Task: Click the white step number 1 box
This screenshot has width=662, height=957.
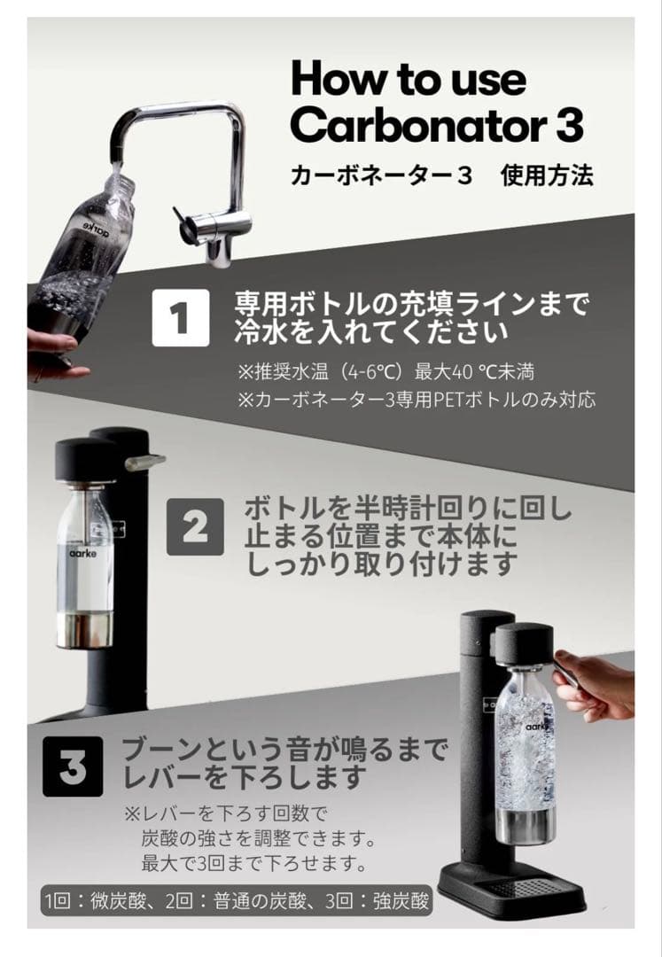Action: click(181, 316)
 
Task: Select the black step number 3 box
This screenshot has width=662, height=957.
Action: click(72, 767)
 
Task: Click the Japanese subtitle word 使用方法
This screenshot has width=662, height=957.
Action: click(547, 175)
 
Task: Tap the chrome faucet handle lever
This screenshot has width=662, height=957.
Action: click(189, 221)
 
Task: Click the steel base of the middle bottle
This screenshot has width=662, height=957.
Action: click(84, 631)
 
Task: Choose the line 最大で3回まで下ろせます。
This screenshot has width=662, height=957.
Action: click(254, 862)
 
